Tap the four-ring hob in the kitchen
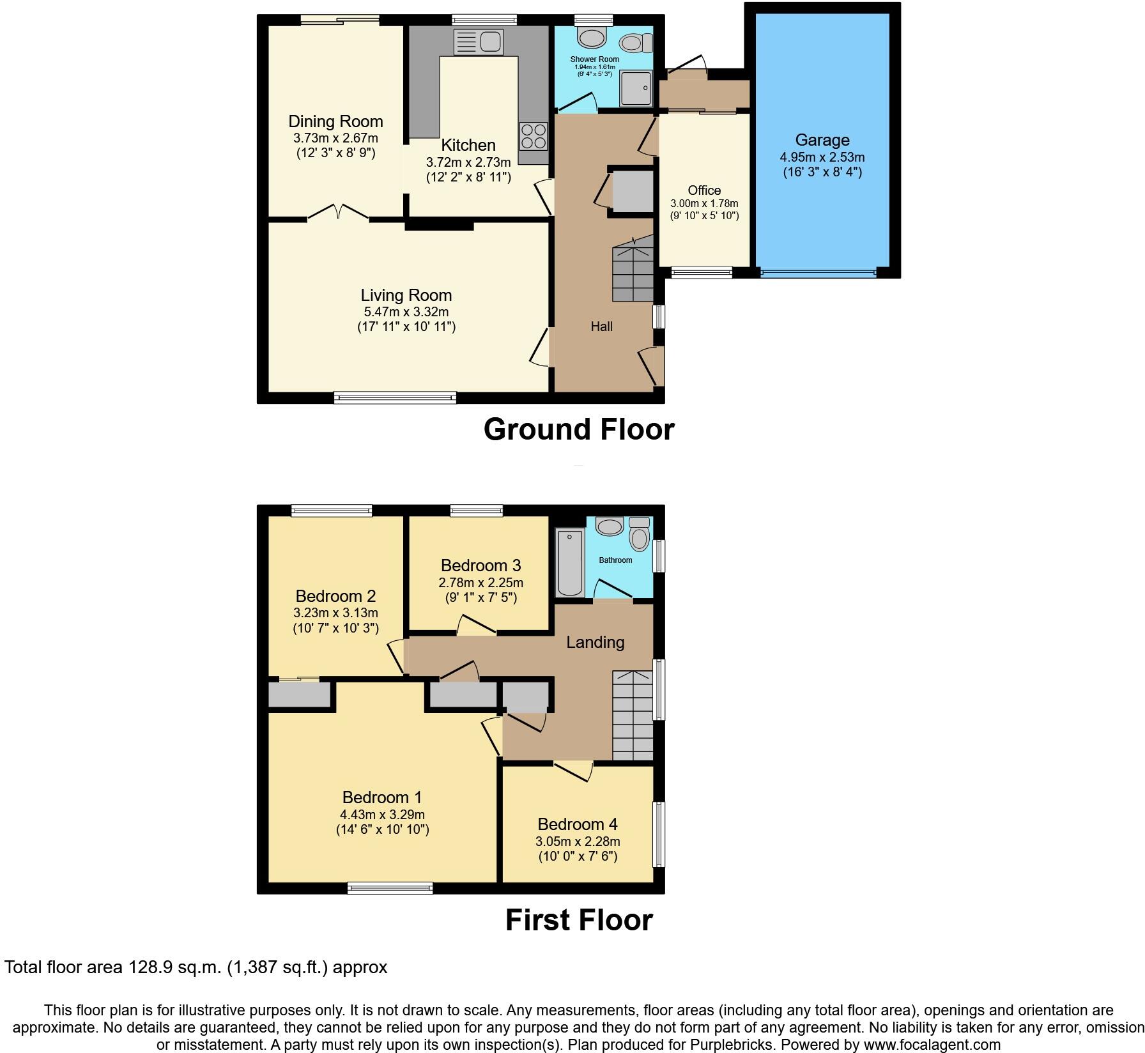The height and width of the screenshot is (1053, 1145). click(533, 135)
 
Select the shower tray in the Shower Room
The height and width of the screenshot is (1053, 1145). click(636, 88)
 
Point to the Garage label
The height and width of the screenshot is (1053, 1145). click(822, 140)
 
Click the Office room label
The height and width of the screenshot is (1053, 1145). click(704, 190)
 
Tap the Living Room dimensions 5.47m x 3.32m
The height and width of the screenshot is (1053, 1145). click(406, 312)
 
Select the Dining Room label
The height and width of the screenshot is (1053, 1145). click(335, 121)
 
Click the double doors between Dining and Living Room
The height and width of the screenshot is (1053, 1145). click(339, 213)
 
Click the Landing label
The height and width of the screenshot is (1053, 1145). click(595, 642)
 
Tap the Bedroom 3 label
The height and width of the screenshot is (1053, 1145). click(480, 565)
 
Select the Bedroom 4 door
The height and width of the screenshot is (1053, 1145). click(573, 770)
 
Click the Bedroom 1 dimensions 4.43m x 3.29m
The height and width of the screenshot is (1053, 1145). click(382, 815)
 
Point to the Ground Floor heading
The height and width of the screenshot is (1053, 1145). click(579, 429)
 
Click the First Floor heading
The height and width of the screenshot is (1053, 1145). click(579, 920)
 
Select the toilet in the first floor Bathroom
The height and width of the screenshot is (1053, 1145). click(639, 534)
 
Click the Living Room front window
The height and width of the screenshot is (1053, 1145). click(395, 398)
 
